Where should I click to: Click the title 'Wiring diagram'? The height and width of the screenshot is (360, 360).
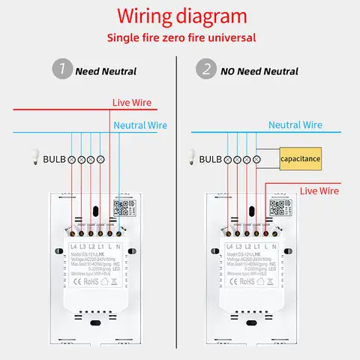(x=179, y=16)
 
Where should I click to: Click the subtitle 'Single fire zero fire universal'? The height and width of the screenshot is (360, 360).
(x=179, y=37)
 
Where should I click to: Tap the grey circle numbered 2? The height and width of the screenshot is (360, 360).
(x=205, y=70)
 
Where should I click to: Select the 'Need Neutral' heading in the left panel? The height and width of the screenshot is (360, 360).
(x=106, y=71)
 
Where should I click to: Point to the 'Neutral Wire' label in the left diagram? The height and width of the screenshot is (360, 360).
(x=139, y=125)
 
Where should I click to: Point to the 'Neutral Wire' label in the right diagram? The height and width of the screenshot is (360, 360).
(x=295, y=125)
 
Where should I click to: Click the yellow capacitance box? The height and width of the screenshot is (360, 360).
(x=300, y=159)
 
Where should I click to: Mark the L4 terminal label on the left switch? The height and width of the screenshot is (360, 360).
(x=73, y=247)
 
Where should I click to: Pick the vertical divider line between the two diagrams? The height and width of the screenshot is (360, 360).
(x=178, y=210)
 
